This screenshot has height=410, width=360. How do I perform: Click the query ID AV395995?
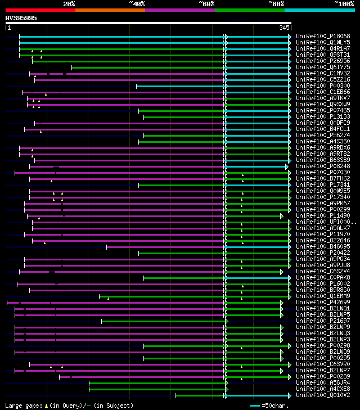(x=21, y=18)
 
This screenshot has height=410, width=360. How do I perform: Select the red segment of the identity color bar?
(x=40, y=10)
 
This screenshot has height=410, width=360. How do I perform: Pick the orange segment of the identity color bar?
(x=110, y=10)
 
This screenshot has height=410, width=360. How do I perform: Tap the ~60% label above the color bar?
(x=206, y=3)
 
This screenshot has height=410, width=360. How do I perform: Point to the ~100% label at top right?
(x=344, y=3)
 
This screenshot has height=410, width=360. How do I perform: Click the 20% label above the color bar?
(x=69, y=3)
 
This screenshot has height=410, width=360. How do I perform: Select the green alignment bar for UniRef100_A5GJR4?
(x=157, y=383)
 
